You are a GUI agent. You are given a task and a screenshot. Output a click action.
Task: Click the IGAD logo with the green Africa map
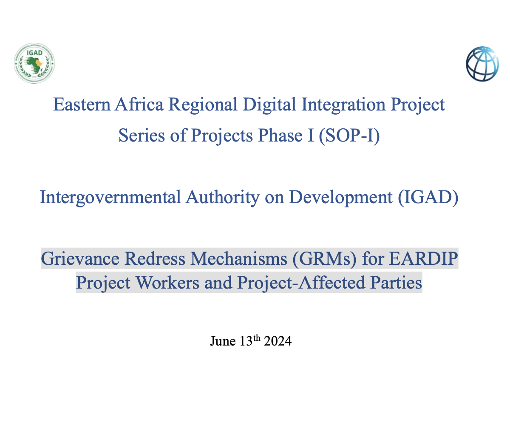[34, 64]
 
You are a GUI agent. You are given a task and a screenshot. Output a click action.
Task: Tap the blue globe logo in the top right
[482, 64]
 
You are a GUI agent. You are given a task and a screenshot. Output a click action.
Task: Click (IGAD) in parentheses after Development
[428, 198]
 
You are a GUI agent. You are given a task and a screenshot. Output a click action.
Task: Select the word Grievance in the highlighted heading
[77, 258]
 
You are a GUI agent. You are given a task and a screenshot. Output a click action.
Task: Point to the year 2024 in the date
[278, 341]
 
